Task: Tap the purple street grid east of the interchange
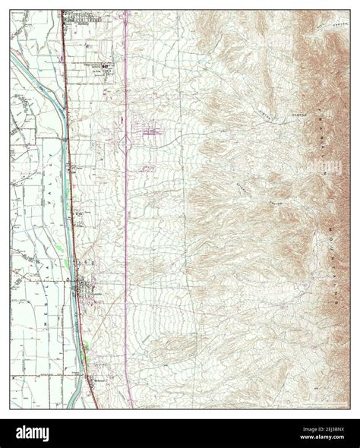[x=151, y=134]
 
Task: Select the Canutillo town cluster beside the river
[x=84, y=289]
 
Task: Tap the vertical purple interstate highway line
[x=126, y=228]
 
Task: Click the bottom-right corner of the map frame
[x=349, y=409]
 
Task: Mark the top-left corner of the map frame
[x=11, y=10]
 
